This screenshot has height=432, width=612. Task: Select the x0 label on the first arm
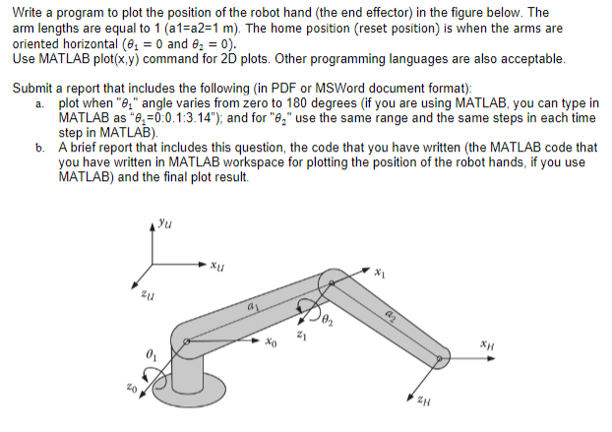(271, 342)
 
